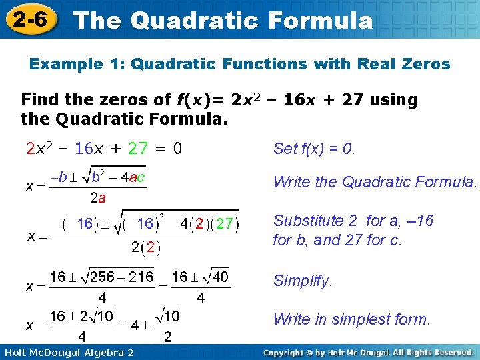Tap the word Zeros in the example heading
(x=424, y=65)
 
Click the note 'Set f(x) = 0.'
(x=315, y=149)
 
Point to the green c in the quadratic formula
(x=141, y=177)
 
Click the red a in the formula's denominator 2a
(x=102, y=198)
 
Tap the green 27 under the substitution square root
(x=225, y=223)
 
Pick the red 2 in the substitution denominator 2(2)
(x=151, y=247)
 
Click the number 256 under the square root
(x=103, y=276)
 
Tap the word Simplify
(x=303, y=281)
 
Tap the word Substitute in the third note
(x=307, y=221)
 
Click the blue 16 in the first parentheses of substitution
(x=85, y=223)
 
